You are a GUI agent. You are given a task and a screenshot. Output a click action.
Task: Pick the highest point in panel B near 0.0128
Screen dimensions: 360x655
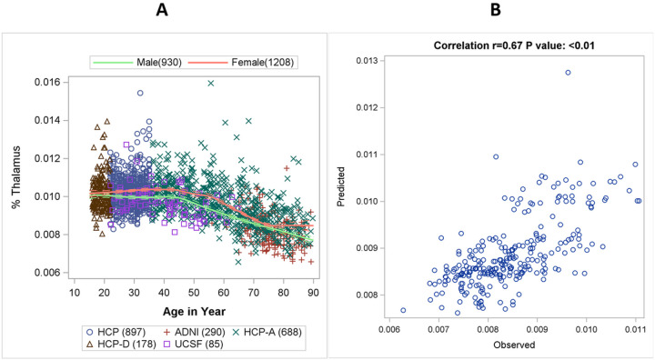pyautogui.click(x=568, y=72)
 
